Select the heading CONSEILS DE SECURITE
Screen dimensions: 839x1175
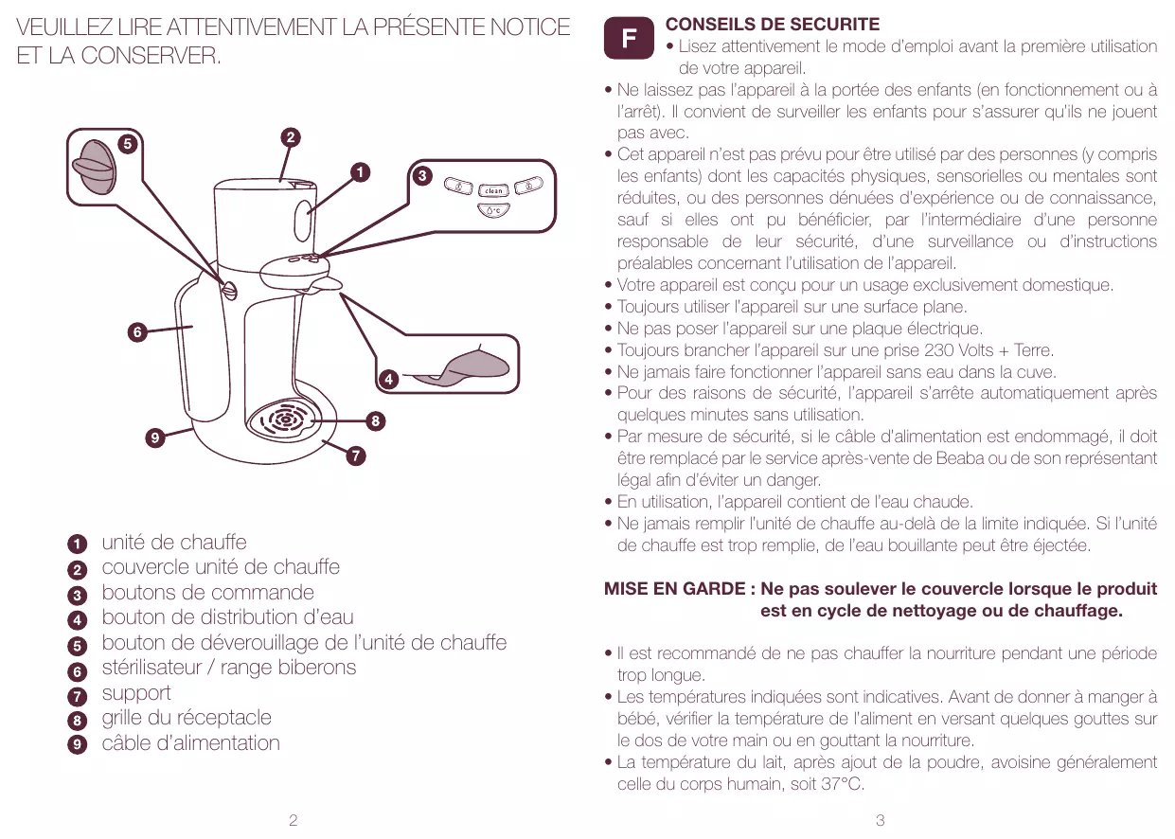click(x=773, y=25)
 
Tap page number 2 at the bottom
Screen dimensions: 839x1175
click(x=293, y=820)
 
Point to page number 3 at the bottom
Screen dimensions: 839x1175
click(x=881, y=820)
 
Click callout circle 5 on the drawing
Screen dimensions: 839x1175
click(x=125, y=144)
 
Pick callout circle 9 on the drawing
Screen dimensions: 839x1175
click(x=153, y=437)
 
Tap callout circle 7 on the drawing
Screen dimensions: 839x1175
click(x=354, y=457)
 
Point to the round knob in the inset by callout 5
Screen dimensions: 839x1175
click(x=93, y=167)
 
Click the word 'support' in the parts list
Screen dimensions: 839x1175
click(x=136, y=692)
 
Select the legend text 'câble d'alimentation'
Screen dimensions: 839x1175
click(x=191, y=742)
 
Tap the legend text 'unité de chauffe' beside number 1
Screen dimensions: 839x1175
click(x=174, y=543)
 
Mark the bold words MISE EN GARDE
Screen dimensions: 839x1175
click(x=674, y=589)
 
